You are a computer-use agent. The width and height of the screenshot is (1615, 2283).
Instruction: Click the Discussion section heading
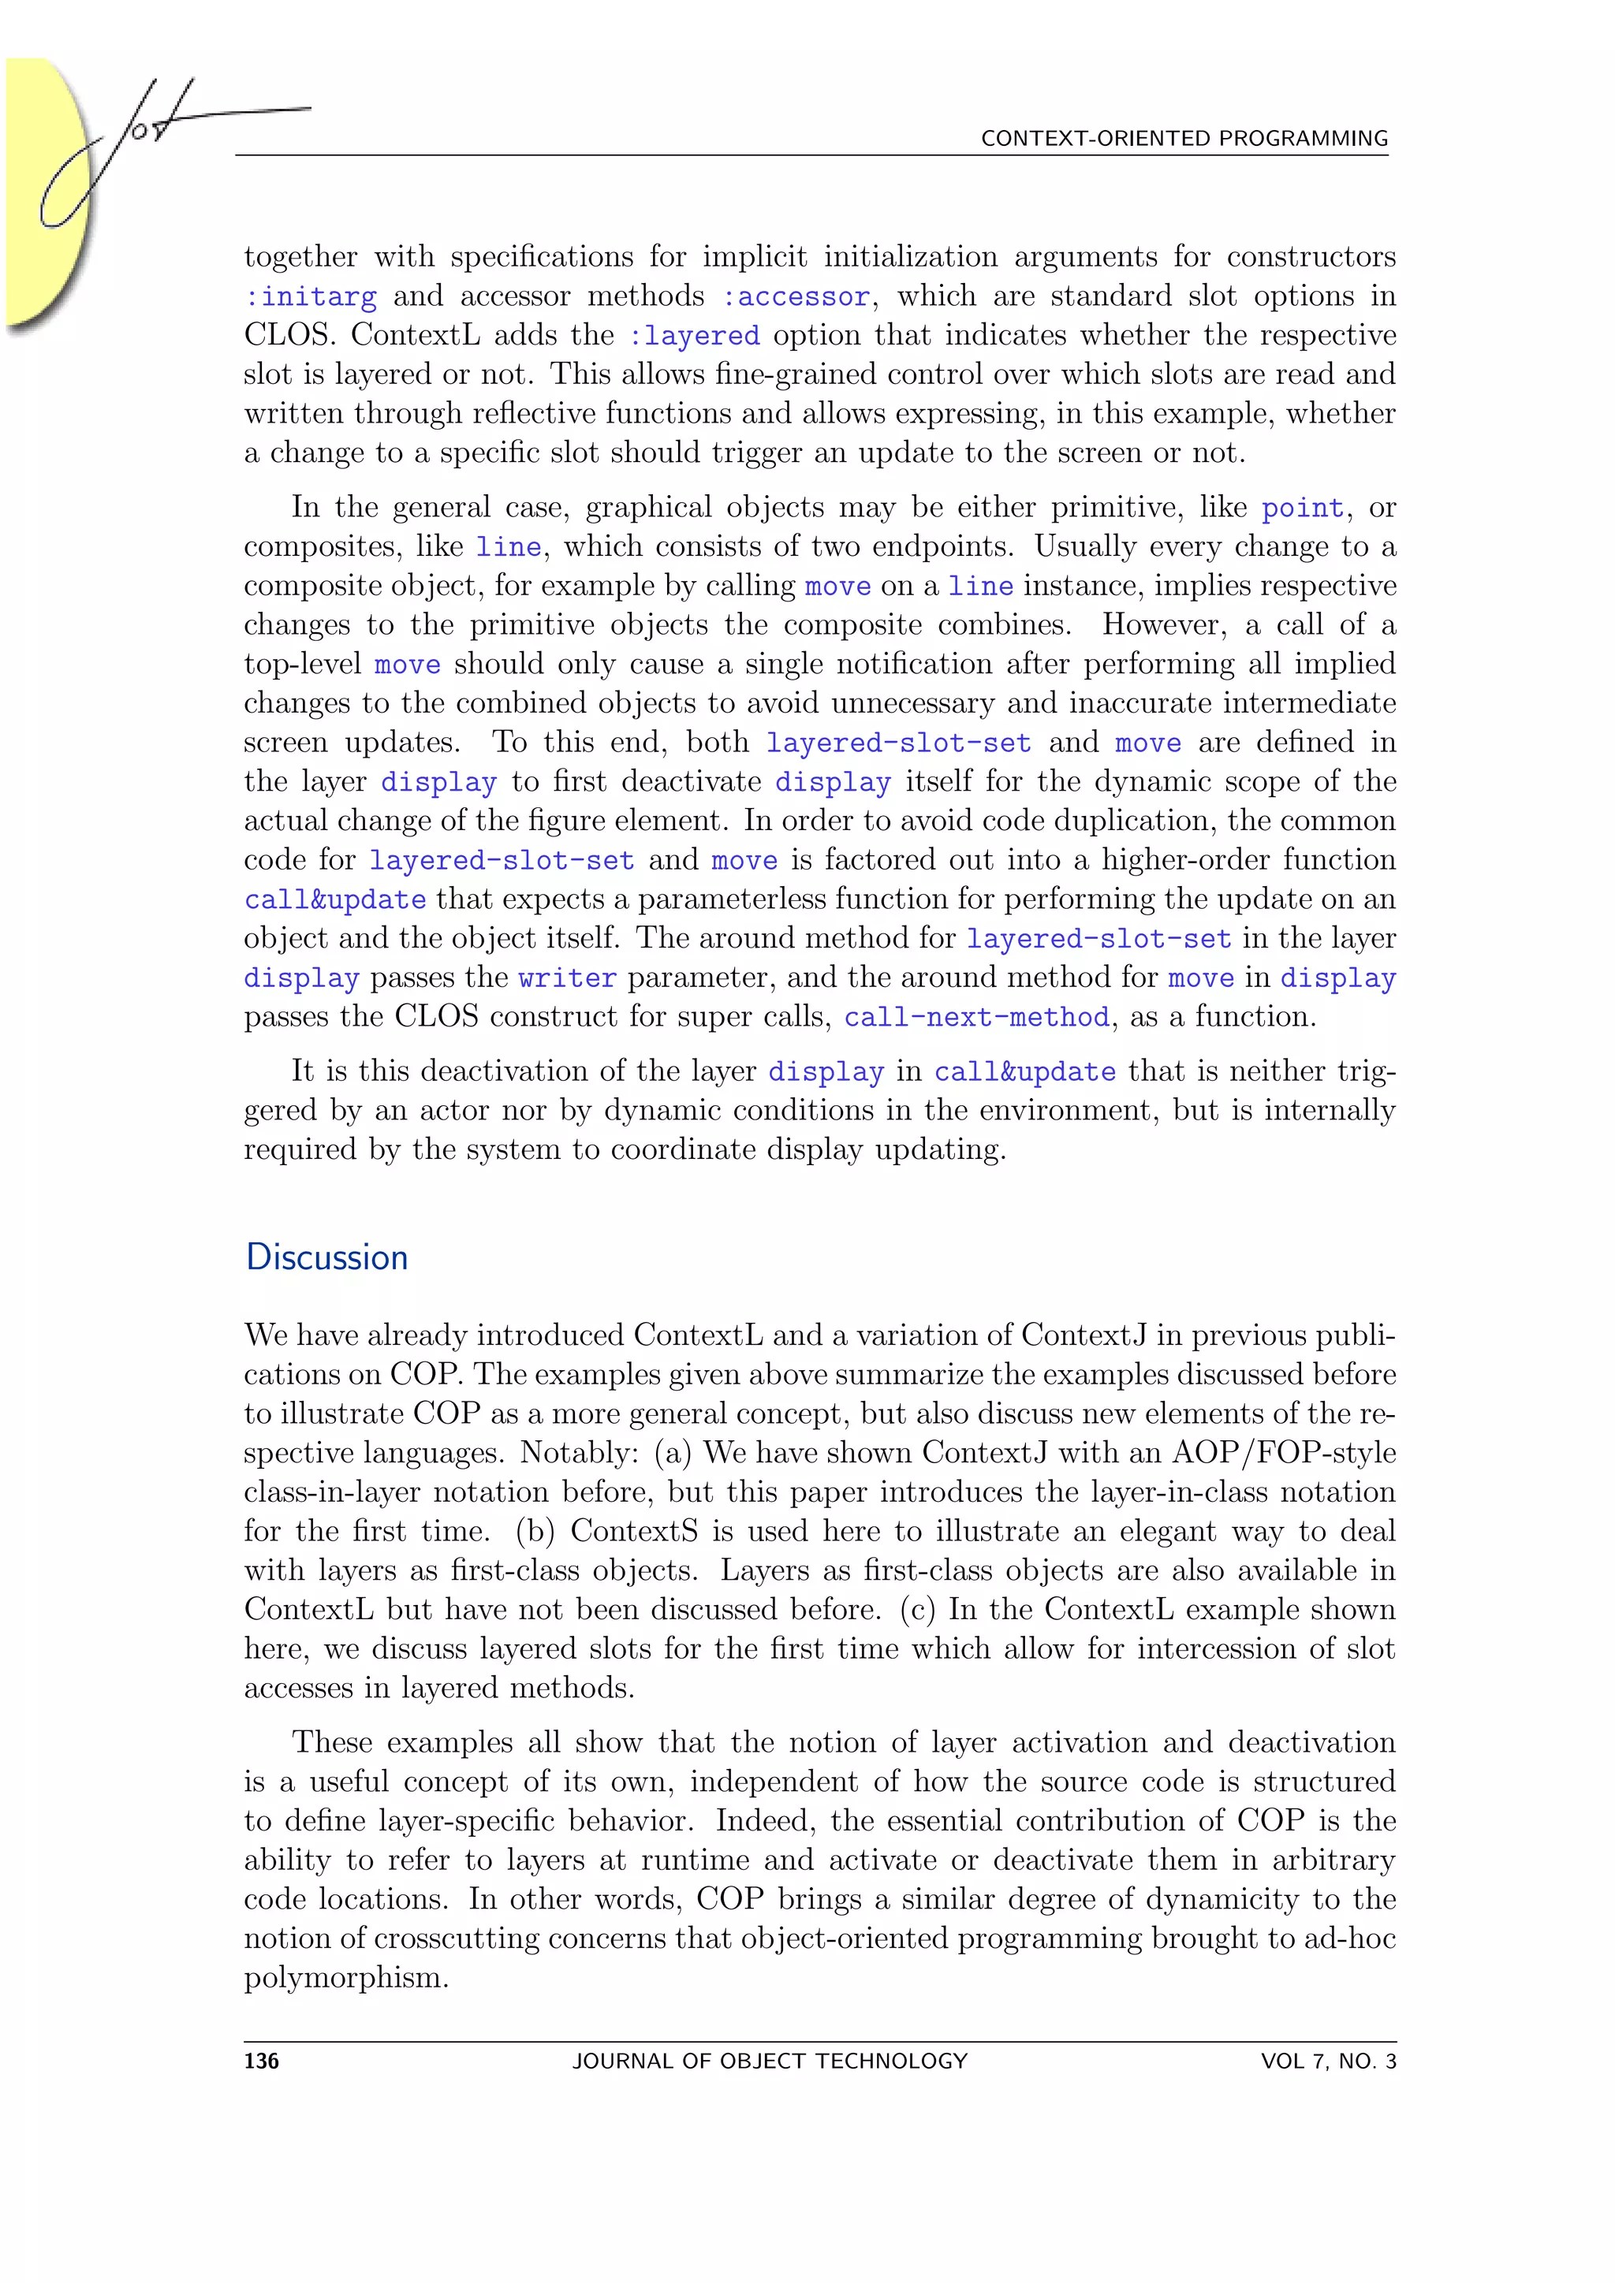326,1258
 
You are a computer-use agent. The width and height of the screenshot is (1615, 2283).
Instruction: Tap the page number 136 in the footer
262,2061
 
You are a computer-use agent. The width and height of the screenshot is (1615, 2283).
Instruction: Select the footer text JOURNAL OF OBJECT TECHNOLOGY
770,2061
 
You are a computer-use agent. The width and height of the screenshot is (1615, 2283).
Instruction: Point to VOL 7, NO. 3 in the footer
1328,2061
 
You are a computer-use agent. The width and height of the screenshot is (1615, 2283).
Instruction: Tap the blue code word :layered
694,336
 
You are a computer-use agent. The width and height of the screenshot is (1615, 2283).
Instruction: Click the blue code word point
1303,509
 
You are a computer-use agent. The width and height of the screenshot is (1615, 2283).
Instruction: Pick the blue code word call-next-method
976,1017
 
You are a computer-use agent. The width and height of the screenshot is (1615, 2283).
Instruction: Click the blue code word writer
567,978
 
